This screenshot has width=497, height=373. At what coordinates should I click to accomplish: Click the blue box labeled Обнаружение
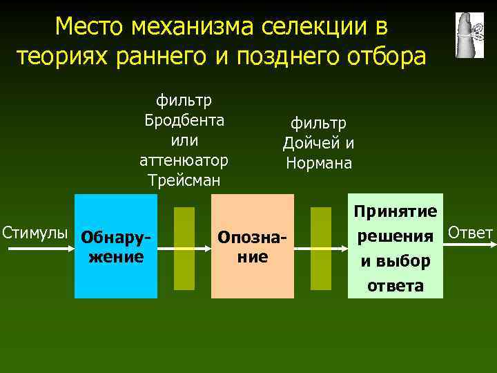pyautogui.click(x=115, y=247)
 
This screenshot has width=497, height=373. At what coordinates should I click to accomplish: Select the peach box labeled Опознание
pyautogui.click(x=252, y=247)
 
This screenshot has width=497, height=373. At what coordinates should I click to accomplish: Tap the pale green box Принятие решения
pyautogui.click(x=395, y=247)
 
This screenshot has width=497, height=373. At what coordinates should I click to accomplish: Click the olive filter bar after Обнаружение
pyautogui.click(x=184, y=248)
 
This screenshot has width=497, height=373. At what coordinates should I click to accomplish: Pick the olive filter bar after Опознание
pyautogui.click(x=320, y=248)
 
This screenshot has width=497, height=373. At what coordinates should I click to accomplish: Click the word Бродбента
pyautogui.click(x=184, y=120)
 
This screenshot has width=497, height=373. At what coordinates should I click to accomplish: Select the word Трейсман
pyautogui.click(x=184, y=180)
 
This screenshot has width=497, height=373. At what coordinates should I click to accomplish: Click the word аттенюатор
pyautogui.click(x=184, y=160)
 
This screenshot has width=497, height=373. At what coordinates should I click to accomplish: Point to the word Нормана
pyautogui.click(x=319, y=164)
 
